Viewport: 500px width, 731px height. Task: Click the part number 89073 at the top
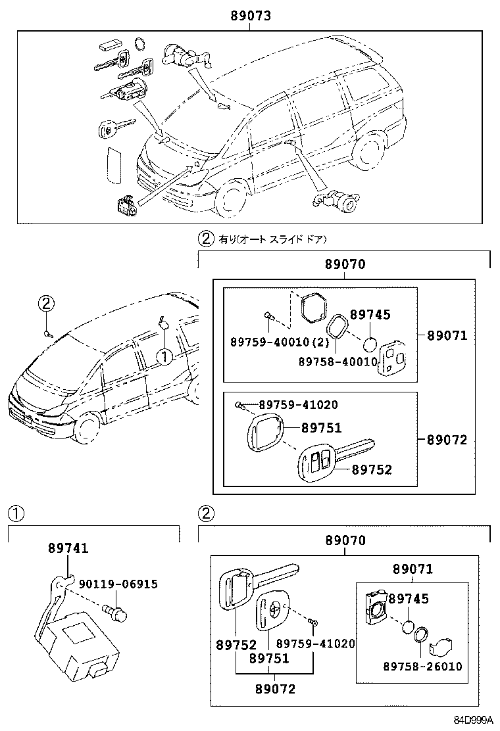251,14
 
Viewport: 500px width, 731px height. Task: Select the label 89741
68,548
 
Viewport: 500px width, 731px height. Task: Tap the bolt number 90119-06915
118,584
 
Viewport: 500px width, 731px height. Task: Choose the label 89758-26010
422,666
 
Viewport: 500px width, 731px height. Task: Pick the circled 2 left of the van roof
45,304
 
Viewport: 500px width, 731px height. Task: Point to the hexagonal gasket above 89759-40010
312,307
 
